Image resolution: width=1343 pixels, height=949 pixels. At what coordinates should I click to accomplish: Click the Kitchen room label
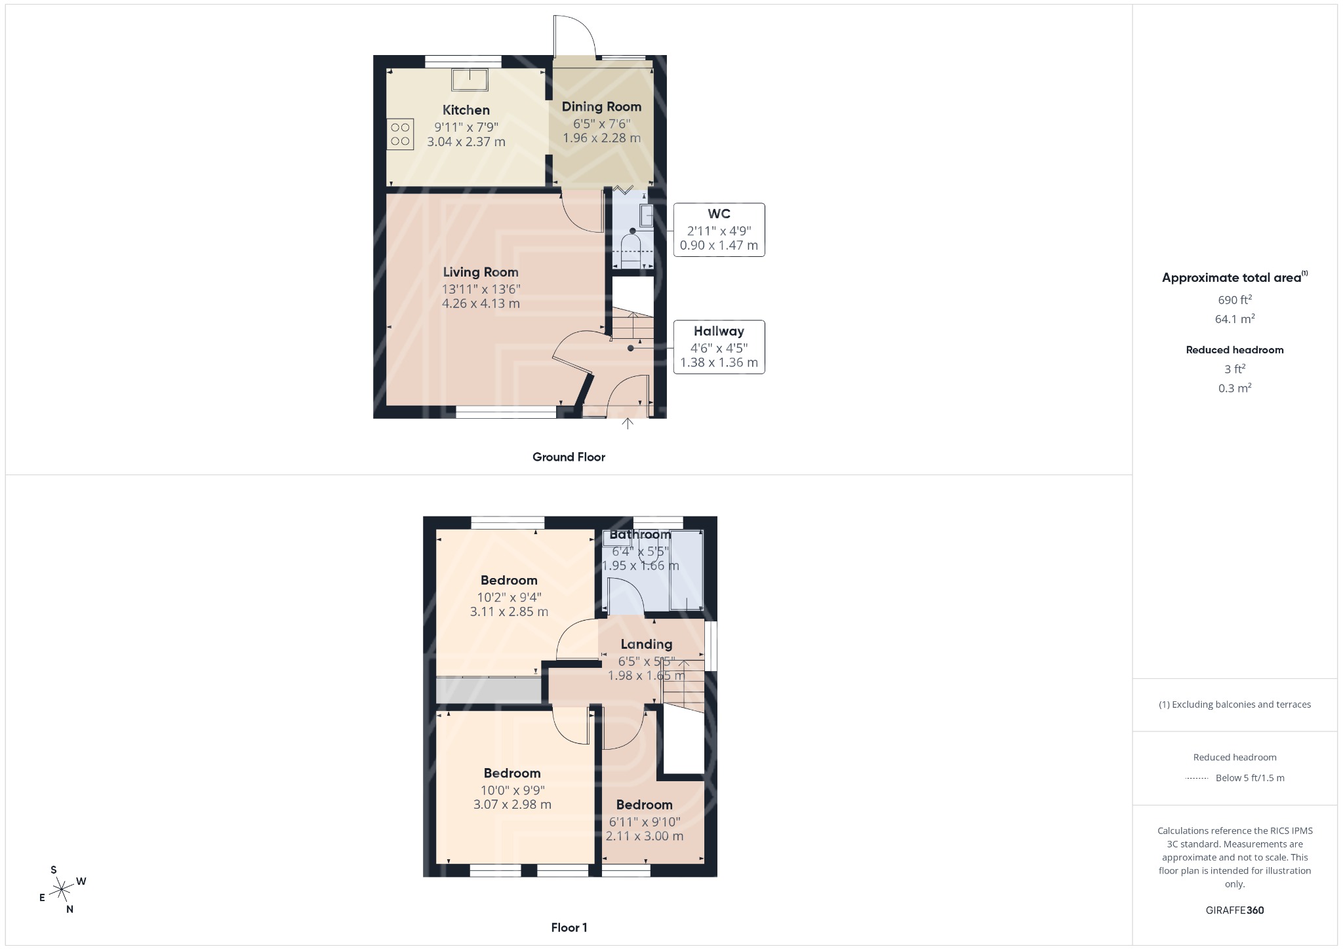click(466, 110)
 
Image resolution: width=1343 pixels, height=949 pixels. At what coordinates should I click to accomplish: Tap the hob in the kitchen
click(400, 134)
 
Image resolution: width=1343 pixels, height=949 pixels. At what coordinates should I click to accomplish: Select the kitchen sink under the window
click(470, 79)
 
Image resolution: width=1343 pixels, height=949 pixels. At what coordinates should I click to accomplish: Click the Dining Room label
click(601, 107)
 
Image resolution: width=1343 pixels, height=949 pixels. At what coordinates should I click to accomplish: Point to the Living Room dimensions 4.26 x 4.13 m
click(481, 303)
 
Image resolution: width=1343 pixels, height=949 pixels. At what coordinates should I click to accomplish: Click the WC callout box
click(719, 229)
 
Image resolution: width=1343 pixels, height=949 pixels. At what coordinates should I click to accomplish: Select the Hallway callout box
click(719, 347)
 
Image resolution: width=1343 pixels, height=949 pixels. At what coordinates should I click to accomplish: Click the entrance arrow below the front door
click(628, 423)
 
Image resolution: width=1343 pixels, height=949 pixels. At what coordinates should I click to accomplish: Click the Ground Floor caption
click(569, 457)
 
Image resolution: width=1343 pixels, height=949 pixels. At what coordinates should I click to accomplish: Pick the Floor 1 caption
click(569, 927)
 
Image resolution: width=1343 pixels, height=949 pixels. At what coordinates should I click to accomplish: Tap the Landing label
click(646, 644)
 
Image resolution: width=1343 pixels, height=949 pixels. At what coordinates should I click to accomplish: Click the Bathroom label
click(640, 535)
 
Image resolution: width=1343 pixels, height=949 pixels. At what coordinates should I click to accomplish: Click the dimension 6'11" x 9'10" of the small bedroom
click(645, 822)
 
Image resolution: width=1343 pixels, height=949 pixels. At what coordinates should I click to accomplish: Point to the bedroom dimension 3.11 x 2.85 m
click(509, 611)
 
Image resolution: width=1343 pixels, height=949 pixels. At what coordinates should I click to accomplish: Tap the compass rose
click(62, 889)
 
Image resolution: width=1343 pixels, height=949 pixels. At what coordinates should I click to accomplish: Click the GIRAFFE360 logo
click(1234, 910)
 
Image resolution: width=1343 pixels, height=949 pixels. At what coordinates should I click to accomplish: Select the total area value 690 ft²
click(1234, 300)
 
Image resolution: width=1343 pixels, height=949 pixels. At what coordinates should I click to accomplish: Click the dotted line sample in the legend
click(1197, 779)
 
